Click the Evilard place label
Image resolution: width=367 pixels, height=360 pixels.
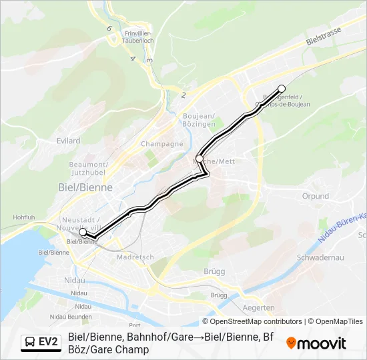click(69, 141)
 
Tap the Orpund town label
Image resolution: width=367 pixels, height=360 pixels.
click(316, 197)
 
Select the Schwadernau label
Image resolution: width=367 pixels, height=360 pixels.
click(324, 257)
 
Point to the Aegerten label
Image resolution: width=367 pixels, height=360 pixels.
click(258, 307)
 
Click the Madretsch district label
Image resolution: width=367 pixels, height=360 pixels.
click(135, 257)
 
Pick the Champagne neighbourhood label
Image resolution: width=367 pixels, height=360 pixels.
click(161, 144)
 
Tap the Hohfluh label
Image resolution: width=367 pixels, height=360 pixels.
click(23, 217)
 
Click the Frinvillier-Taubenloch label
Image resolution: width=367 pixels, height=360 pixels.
click(139, 37)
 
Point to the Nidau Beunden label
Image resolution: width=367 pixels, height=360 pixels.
click(71, 316)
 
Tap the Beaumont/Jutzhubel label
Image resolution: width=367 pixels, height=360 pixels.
click(88, 168)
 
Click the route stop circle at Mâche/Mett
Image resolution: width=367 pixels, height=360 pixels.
click(199, 159)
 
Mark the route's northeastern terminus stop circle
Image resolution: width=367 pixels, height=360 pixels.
click(282, 89)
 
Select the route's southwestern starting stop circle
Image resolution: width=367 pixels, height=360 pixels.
click(83, 233)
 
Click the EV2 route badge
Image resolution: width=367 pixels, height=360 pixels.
click(48, 342)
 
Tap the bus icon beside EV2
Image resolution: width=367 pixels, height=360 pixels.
click(31, 342)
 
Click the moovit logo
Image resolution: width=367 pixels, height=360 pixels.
click(316, 343)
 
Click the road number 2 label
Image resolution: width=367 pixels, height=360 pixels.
click(183, 95)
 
